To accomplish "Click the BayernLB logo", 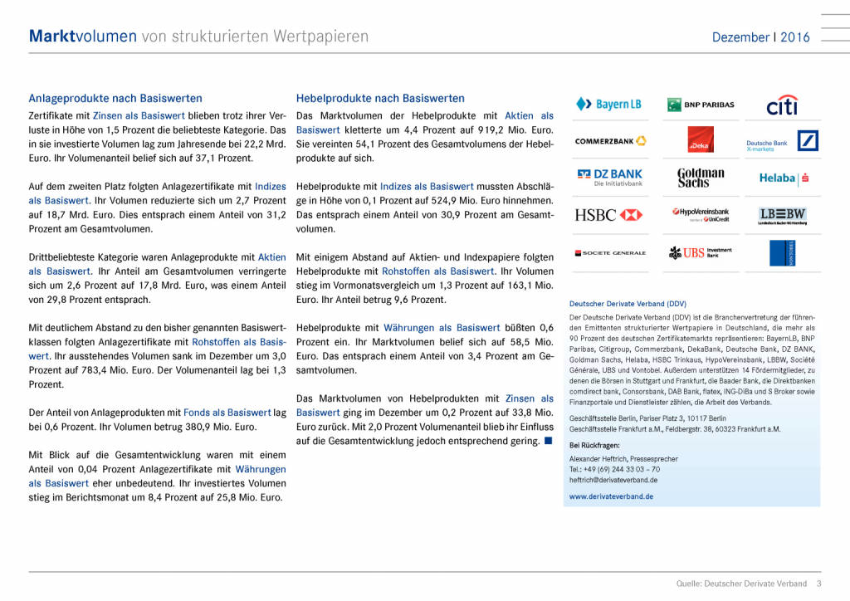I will pos(608,105).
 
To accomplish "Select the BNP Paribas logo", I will pos(701,105).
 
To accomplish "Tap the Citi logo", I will pos(782,105).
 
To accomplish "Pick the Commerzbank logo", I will pos(611,141).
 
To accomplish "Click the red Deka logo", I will pos(701,139).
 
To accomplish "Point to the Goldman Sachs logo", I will pos(701,178).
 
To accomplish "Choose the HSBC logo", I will pos(608,215).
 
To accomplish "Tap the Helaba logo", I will pos(784,178).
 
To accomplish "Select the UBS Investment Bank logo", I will pos(701,252).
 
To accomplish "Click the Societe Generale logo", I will pos(610,252).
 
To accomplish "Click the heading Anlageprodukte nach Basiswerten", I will pos(115,98).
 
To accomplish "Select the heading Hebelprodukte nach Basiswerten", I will pos(380,98).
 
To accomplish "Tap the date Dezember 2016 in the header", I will pos(760,37).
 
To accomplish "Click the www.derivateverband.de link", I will pos(611,496).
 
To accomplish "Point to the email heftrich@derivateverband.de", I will pos(613,480).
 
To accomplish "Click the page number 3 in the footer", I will pos(818,584).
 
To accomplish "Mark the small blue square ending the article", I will pos(548,440).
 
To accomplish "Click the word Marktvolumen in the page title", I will pos(82,37).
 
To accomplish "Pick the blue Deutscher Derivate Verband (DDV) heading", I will pos(628,304).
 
